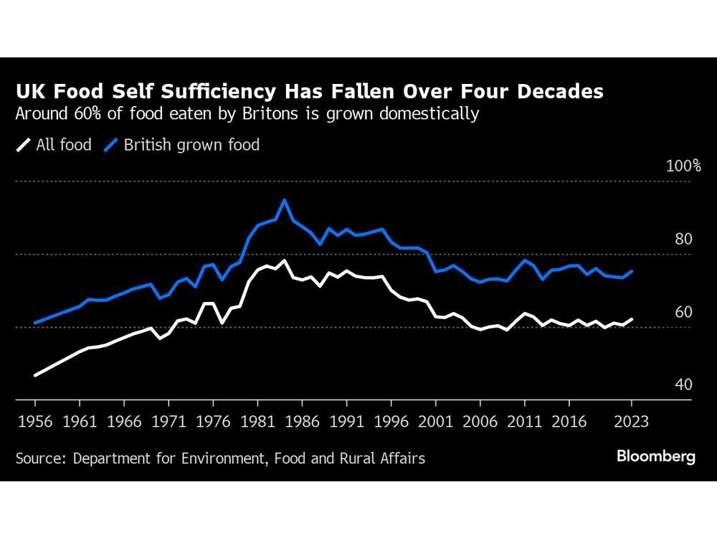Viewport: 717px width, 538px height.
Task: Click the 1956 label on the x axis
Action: (x=35, y=422)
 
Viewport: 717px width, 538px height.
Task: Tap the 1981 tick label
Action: (x=257, y=422)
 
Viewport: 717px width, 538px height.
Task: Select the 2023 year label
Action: (x=632, y=422)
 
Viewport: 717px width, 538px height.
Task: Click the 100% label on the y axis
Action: (x=683, y=166)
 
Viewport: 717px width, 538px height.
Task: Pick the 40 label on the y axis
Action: (x=683, y=385)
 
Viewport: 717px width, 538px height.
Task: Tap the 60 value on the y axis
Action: (x=683, y=312)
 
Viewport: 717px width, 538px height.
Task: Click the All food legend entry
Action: (x=54, y=145)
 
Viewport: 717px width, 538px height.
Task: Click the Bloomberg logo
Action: (x=656, y=457)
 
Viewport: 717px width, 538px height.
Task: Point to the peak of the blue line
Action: (x=284, y=200)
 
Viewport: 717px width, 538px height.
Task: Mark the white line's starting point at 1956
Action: (x=35, y=374)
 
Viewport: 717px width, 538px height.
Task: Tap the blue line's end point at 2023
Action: (x=632, y=271)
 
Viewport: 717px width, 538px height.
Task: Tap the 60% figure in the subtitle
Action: (x=82, y=113)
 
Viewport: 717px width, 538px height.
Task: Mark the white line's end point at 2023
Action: (x=632, y=319)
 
